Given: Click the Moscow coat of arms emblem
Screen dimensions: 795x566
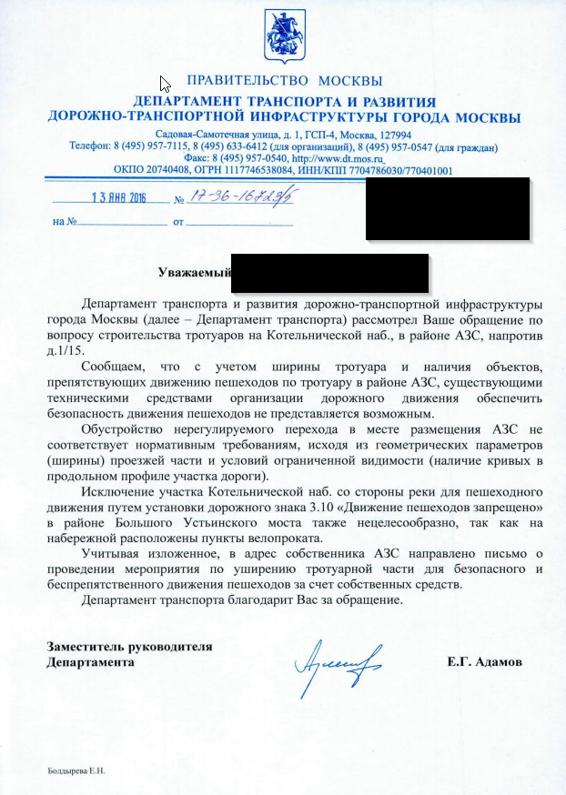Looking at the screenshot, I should point(282,34).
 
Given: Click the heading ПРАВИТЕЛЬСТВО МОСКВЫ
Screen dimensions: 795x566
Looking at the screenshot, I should point(283,82).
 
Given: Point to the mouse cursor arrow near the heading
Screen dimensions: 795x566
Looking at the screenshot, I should point(165,84).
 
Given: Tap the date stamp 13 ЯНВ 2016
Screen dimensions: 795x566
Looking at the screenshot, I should point(119,198).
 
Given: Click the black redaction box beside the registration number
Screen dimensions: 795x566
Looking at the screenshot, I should point(448,210).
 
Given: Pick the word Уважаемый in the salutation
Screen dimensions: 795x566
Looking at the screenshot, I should point(192,272).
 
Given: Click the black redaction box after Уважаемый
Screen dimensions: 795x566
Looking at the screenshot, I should point(329,273).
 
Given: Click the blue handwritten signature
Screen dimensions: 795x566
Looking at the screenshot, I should point(339,660).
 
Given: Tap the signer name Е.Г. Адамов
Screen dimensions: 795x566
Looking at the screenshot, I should point(485,662).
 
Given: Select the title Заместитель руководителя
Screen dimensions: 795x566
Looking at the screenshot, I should point(129,647).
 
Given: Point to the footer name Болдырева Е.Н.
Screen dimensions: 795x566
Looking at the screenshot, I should point(76,770).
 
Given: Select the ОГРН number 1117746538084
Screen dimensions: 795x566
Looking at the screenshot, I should point(263,169).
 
